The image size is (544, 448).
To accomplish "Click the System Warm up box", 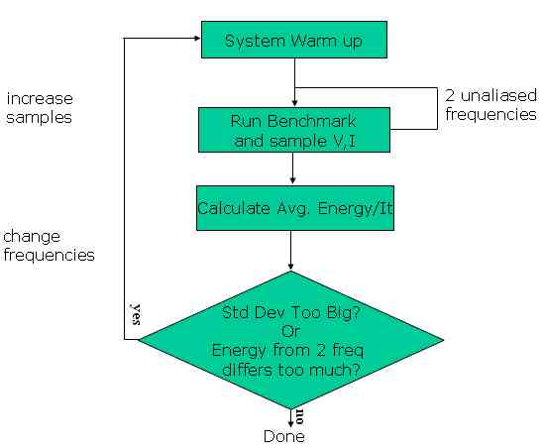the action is pyautogui.click(x=294, y=40).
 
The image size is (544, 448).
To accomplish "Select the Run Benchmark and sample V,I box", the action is pyautogui.click(x=294, y=130).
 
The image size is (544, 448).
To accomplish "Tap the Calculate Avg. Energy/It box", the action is pyautogui.click(x=295, y=208).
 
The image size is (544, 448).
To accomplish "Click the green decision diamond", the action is pyautogui.click(x=291, y=340).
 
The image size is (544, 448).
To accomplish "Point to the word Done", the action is pyautogui.click(x=284, y=436).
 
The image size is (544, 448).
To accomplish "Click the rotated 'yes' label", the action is pyautogui.click(x=136, y=314).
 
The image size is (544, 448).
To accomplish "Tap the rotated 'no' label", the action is pyautogui.click(x=299, y=416).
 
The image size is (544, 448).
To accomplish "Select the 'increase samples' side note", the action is pyautogui.click(x=40, y=108).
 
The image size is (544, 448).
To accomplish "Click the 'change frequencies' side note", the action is pyautogui.click(x=49, y=246).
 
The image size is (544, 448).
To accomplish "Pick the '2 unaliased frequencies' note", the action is pyautogui.click(x=490, y=105).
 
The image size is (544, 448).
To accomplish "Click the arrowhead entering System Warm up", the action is pyautogui.click(x=198, y=39).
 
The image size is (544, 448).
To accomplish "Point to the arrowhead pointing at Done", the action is pyautogui.click(x=290, y=423).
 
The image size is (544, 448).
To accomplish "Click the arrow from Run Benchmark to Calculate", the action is pyautogui.click(x=293, y=168).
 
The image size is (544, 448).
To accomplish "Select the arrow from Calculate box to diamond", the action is pyautogui.click(x=290, y=251).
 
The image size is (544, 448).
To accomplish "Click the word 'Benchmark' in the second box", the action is pyautogui.click(x=311, y=121).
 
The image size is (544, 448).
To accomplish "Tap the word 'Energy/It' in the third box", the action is pyautogui.click(x=355, y=208).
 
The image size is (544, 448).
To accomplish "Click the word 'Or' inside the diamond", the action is pyautogui.click(x=290, y=331).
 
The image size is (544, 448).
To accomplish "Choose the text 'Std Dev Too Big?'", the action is pyautogui.click(x=291, y=312).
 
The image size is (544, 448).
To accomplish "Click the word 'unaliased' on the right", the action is pyautogui.click(x=498, y=95).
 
